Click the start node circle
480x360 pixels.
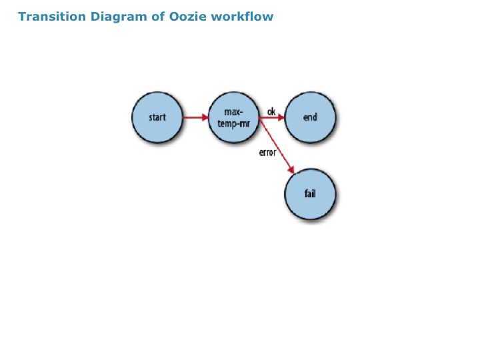coord(157,117)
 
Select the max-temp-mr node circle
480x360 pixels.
coord(234,117)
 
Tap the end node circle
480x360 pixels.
coord(310,117)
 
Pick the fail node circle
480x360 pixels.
coord(310,194)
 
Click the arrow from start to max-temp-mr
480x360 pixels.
coord(195,117)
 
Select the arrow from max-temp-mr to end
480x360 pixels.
coord(272,117)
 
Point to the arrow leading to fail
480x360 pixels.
coord(277,146)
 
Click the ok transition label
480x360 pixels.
coord(271,111)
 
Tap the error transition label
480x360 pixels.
coord(267,153)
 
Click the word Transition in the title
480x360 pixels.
coord(52,17)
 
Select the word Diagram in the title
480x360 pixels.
coord(119,17)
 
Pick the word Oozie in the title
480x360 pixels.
coord(187,17)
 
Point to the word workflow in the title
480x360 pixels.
coord(242,17)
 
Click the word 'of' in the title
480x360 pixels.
coord(158,17)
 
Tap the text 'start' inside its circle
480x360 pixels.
coord(157,117)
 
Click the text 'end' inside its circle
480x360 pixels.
coord(310,117)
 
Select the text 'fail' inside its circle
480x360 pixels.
coord(310,193)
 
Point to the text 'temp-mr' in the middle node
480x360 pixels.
coord(234,124)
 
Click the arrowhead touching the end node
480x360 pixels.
coord(281,117)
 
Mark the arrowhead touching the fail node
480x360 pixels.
coord(291,169)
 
